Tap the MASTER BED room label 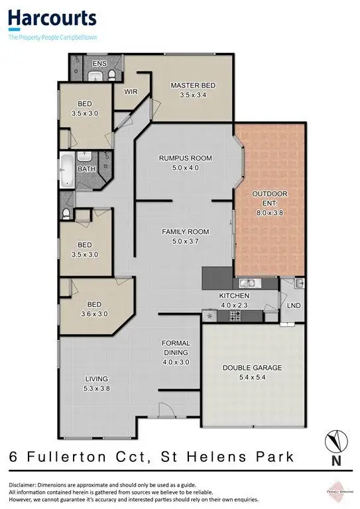pyautogui.click(x=193, y=85)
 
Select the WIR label pyautogui.click(x=131, y=92)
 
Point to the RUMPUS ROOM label pyautogui.click(x=185, y=158)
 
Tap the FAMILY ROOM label pyautogui.click(x=186, y=232)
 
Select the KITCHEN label pyautogui.click(x=235, y=296)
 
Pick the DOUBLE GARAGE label pyautogui.click(x=252, y=368)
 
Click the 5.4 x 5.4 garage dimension pyautogui.click(x=252, y=377)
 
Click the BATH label pyautogui.click(x=87, y=169)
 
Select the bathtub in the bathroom pyautogui.click(x=67, y=169)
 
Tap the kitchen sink pyautogui.click(x=249, y=283)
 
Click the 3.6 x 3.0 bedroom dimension pyautogui.click(x=95, y=314)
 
